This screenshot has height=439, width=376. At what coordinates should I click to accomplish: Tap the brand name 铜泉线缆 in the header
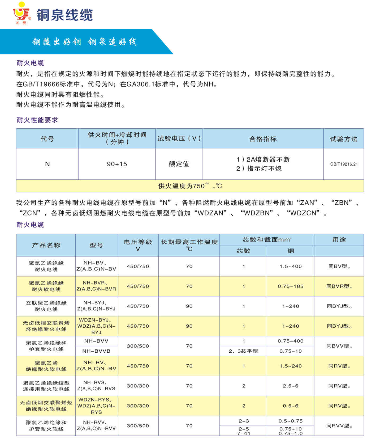[x=64, y=15]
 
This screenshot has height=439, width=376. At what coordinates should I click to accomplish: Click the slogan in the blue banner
[x=84, y=42]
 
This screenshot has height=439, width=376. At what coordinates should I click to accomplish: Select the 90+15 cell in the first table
[x=117, y=164]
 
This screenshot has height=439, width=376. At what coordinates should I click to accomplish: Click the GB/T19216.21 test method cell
[x=344, y=164]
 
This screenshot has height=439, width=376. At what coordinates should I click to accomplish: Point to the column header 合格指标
[x=263, y=139]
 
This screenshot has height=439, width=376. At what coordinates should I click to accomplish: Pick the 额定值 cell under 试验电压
[x=179, y=164]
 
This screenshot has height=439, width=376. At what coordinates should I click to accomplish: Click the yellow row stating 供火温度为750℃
[x=190, y=186]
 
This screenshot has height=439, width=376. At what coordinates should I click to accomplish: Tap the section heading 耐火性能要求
[x=37, y=120]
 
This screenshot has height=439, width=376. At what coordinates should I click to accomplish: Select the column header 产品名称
[x=46, y=245]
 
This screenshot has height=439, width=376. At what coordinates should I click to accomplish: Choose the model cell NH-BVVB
[x=96, y=351]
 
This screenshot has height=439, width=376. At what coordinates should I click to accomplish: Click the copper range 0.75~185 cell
[x=291, y=286]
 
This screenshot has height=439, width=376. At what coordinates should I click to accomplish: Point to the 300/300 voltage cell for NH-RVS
[x=138, y=386]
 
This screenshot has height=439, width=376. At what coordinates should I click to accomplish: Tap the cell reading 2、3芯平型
[x=243, y=351]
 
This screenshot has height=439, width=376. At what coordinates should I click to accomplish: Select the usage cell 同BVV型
[x=339, y=346]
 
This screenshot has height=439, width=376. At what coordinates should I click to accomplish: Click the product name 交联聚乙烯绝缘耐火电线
[x=46, y=306]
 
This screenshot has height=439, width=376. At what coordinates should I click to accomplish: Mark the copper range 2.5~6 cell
[x=291, y=386]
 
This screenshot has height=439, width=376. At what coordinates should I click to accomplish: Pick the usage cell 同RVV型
[x=339, y=426]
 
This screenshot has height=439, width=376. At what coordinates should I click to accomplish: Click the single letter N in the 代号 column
[x=47, y=164]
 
